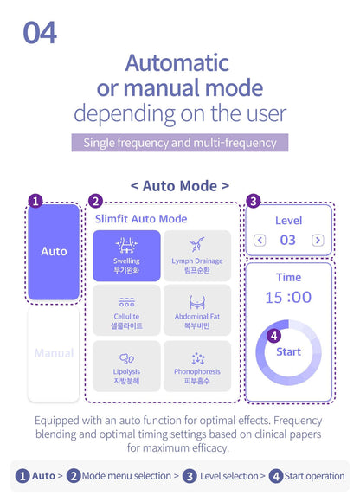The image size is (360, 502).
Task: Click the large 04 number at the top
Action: (x=40, y=33)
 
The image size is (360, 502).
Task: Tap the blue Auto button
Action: (x=54, y=252)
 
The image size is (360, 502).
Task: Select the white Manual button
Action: (x=54, y=353)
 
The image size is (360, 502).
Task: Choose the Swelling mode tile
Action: (x=126, y=256)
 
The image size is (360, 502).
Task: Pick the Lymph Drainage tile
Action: (x=197, y=256)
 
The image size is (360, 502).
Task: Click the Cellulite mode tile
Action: (x=126, y=311)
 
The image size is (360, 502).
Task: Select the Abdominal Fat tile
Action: (x=197, y=311)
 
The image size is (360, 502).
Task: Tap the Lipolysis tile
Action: (x=126, y=366)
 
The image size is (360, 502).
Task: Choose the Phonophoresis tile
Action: (x=197, y=366)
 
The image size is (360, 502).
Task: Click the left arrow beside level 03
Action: (x=260, y=240)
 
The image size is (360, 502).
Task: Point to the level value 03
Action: (x=287, y=240)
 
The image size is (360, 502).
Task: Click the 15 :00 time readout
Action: (x=288, y=298)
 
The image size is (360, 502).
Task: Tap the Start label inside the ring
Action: (x=289, y=352)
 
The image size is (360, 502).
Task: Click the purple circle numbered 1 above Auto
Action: (x=35, y=202)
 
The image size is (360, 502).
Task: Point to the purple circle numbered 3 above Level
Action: (x=253, y=202)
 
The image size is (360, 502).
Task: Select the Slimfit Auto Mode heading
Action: (x=141, y=219)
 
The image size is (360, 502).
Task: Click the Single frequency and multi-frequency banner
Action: (x=180, y=143)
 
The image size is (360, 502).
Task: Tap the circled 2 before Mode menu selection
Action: (x=74, y=476)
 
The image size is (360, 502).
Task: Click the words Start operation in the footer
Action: (x=314, y=476)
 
